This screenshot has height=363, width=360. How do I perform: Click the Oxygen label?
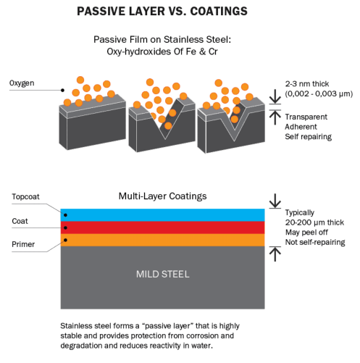tap(22, 83)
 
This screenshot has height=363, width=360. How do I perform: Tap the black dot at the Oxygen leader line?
tap(62, 91)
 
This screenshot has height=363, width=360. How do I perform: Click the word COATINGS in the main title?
tap(219, 11)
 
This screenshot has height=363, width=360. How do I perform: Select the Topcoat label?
tap(25, 196)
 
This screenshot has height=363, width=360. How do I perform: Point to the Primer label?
tap(23, 244)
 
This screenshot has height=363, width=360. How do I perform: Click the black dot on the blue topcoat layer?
tap(65, 215)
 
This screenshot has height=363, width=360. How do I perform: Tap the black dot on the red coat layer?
tap(65, 228)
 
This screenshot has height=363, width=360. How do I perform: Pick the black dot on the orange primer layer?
tap(65, 240)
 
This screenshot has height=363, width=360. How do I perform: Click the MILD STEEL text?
tap(162, 274)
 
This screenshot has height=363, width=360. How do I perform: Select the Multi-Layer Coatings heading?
tap(162, 196)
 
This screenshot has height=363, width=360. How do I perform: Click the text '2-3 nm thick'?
tap(307, 84)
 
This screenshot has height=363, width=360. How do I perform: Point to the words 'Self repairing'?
tap(309, 137)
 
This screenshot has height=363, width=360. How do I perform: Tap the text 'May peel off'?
tap(306, 233)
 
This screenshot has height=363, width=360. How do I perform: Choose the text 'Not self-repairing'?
tap(315, 242)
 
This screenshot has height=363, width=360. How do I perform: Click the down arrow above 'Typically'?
tap(275, 201)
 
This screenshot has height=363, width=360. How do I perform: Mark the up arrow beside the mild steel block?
tap(275, 254)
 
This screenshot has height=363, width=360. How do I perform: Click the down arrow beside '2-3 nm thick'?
tap(275, 96)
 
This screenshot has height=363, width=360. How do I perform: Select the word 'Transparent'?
tap(306, 117)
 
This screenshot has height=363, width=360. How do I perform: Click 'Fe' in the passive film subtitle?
tap(191, 51)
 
